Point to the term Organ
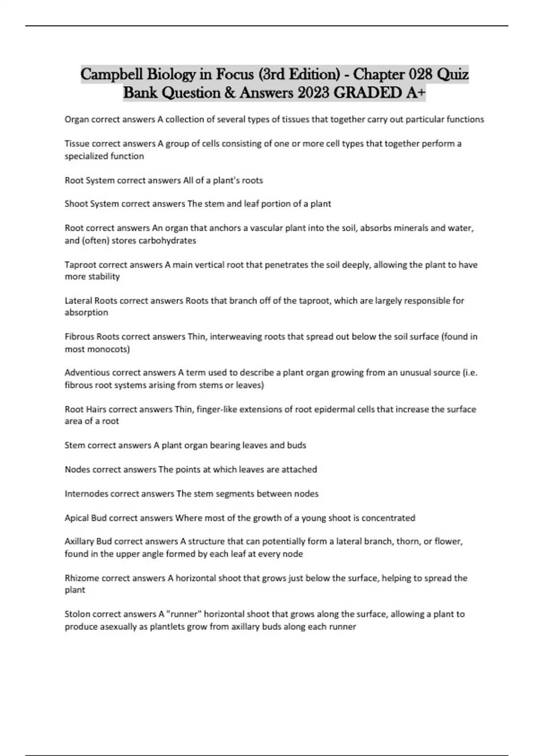(x=77, y=119)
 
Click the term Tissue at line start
(x=77, y=144)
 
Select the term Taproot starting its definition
(x=81, y=265)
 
